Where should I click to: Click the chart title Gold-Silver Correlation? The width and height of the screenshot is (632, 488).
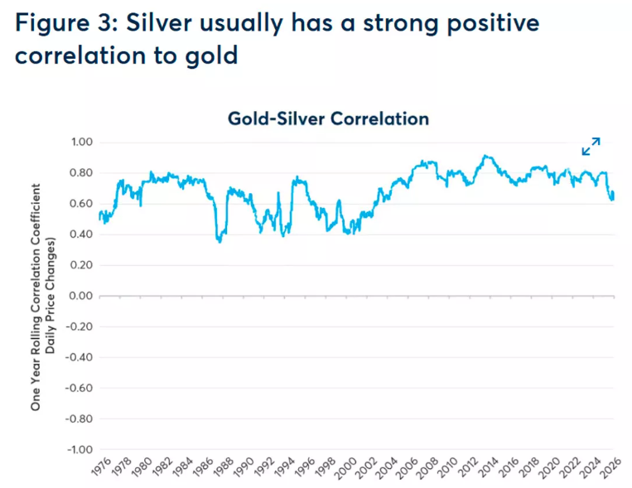(328, 118)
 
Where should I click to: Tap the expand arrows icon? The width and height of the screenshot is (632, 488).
(591, 147)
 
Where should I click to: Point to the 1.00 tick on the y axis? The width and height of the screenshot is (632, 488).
(80, 143)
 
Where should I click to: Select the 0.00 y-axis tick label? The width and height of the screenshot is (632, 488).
(80, 296)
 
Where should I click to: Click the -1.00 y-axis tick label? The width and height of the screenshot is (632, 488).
(77, 449)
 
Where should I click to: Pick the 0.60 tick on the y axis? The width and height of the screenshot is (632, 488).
(80, 204)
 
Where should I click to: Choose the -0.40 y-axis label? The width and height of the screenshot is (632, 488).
(77, 357)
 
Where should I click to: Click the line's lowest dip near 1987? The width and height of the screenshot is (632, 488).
(220, 241)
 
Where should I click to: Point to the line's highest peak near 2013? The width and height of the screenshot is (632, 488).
(485, 156)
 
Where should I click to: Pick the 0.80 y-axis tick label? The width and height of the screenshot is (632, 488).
(80, 173)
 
